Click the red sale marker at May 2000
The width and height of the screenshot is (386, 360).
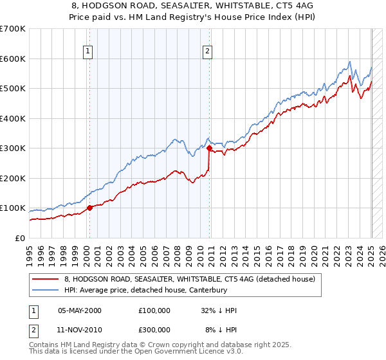pos(89,208)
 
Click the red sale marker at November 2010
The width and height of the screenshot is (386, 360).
pos(209,148)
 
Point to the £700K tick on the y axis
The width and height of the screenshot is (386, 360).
pos(13,29)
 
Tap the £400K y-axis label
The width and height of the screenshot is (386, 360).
pos(13,118)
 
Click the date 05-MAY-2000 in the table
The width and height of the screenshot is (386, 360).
pos(80,310)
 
